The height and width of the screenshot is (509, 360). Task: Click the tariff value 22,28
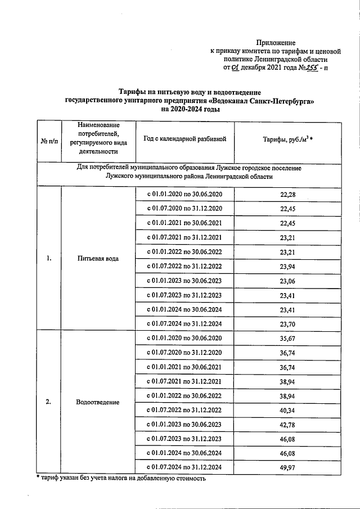(x=287, y=195)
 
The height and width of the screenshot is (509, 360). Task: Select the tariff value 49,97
(x=287, y=467)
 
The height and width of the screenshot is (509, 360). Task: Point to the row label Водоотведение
(x=98, y=403)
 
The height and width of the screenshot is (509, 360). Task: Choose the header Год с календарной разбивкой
(x=184, y=139)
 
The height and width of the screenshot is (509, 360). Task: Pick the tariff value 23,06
(x=287, y=280)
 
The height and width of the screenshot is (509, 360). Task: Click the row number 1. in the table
(x=49, y=259)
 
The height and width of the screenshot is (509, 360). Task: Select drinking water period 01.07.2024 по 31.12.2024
(x=184, y=324)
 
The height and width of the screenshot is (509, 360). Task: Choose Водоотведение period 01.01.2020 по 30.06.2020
(x=184, y=338)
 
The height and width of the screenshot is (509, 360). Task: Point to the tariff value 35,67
(x=287, y=338)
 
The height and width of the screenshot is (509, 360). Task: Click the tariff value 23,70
(x=287, y=324)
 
